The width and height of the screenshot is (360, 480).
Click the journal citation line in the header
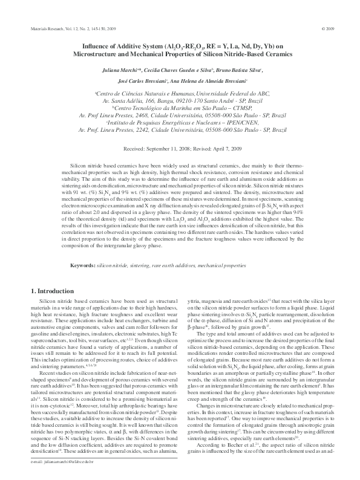(67, 28)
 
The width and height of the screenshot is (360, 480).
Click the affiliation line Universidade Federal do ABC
(181, 94)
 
